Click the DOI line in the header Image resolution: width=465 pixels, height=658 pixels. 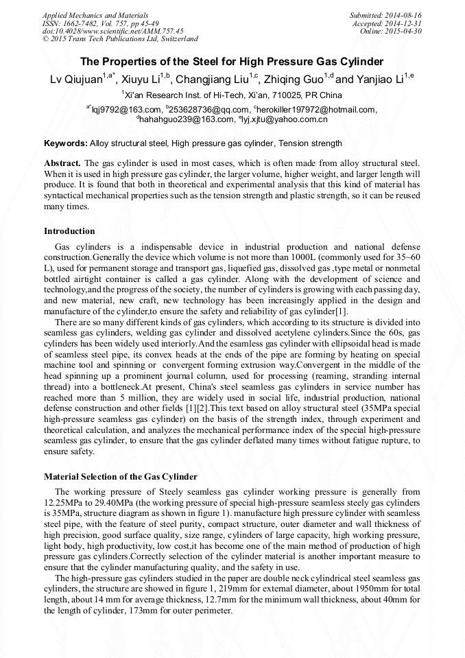pos(112,31)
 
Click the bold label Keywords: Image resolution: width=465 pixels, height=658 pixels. pos(66,143)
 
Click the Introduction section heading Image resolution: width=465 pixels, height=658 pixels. pos(69,231)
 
